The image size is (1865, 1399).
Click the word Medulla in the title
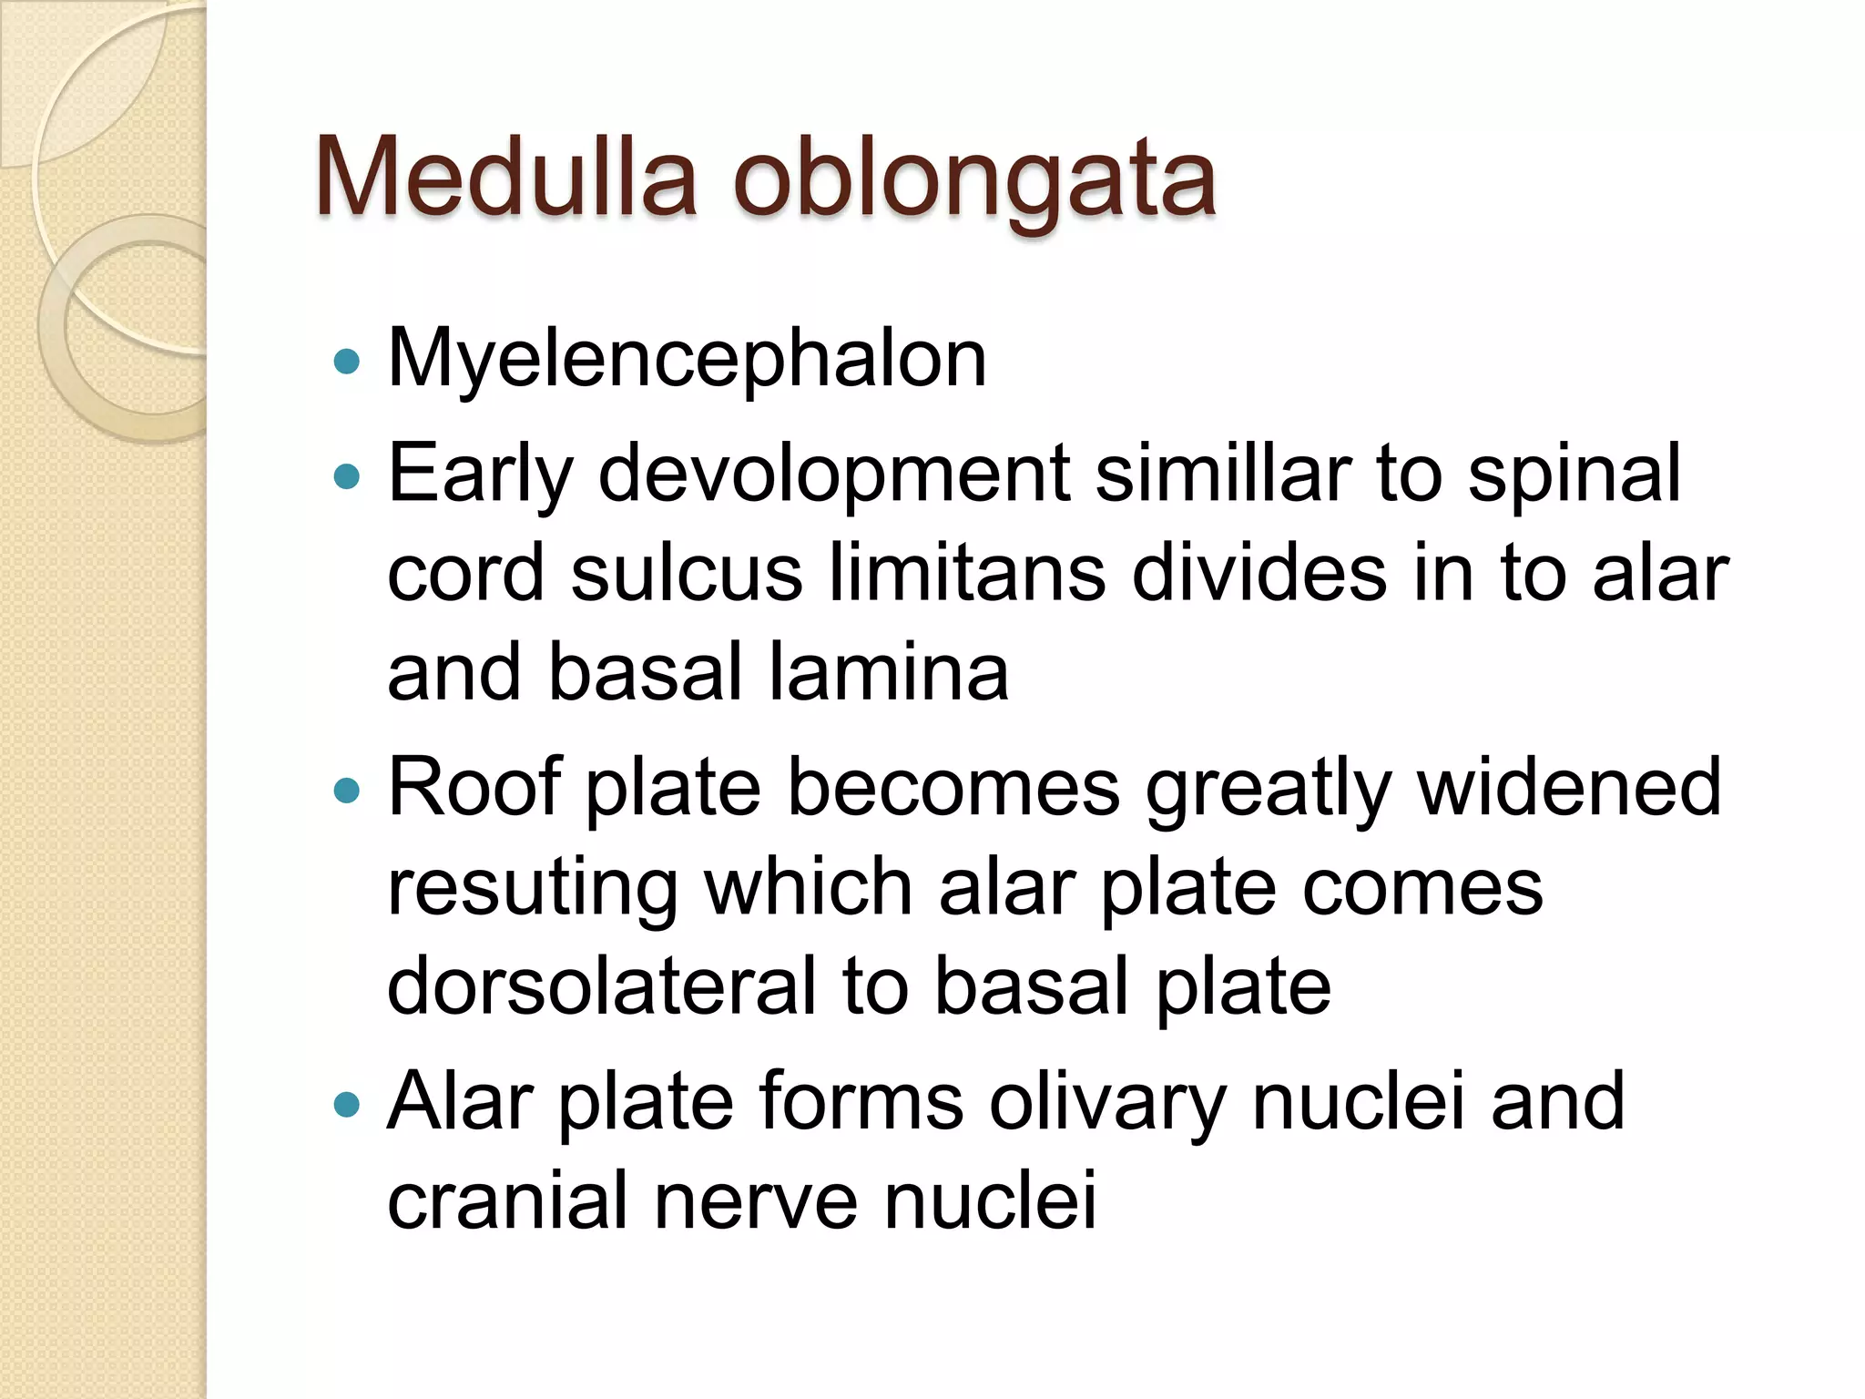[506, 178]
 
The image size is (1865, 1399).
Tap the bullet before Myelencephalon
[347, 363]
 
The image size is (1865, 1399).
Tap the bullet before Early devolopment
[347, 475]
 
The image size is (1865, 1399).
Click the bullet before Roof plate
[347, 789]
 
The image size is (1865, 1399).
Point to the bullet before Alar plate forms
[347, 1105]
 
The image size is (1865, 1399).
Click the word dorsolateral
[602, 986]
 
